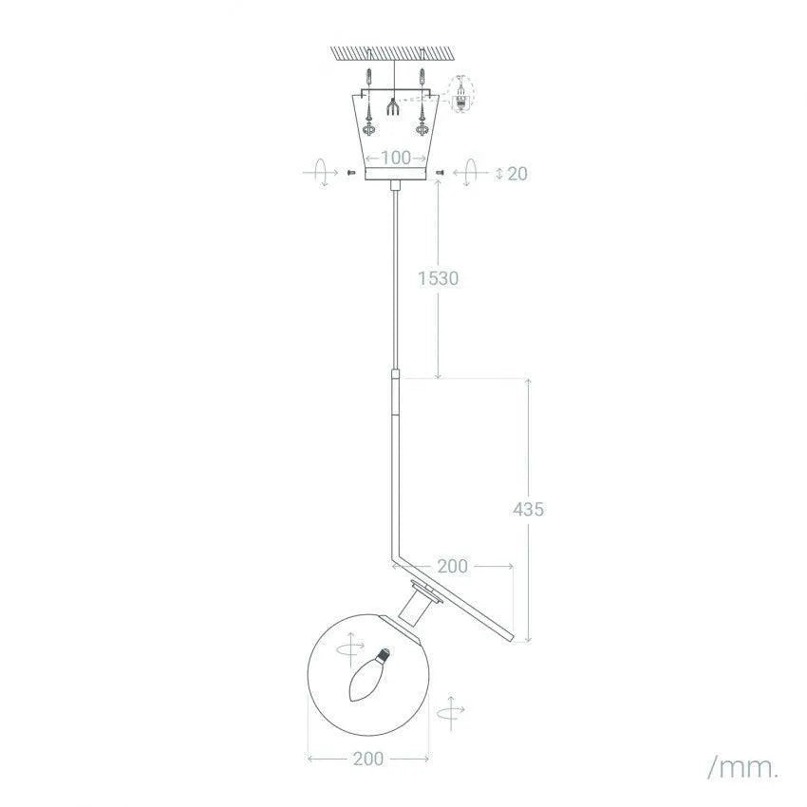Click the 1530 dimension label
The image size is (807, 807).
tap(439, 278)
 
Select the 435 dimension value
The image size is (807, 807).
tap(529, 509)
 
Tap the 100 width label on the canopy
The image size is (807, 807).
tap(396, 158)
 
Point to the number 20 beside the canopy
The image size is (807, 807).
tap(517, 173)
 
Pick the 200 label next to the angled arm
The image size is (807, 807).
tap(452, 566)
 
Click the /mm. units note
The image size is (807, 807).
tap(742, 766)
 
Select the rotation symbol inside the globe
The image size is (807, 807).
tap(349, 650)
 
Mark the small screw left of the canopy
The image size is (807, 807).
tap(351, 173)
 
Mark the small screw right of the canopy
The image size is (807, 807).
tap(440, 173)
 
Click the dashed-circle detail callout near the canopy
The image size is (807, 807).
tap(462, 95)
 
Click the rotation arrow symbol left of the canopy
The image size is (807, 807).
tap(321, 173)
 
